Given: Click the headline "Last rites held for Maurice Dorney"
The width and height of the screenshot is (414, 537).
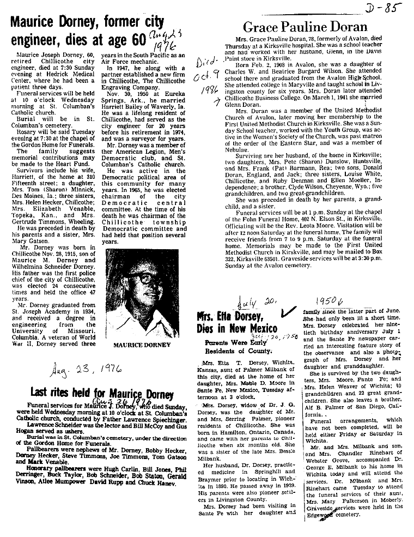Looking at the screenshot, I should pyautogui.click(x=102, y=393).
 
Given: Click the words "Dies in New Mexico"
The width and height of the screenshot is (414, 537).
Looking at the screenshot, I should pyautogui.click(x=237, y=328).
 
